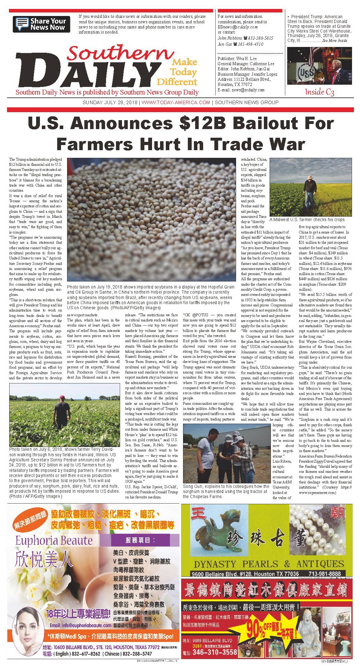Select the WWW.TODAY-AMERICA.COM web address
pyautogui.click(x=176, y=103)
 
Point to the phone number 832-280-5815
pyautogui.click(x=260, y=38)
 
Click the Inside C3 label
pyautogui.click(x=319, y=92)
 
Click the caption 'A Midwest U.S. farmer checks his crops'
pyautogui.click(x=307, y=220)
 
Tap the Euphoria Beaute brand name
pyautogui.click(x=54, y=541)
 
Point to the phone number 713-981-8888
pyautogui.click(x=324, y=574)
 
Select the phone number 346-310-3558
pyautogui.click(x=215, y=652)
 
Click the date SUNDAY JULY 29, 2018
pyautogui.click(x=110, y=103)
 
